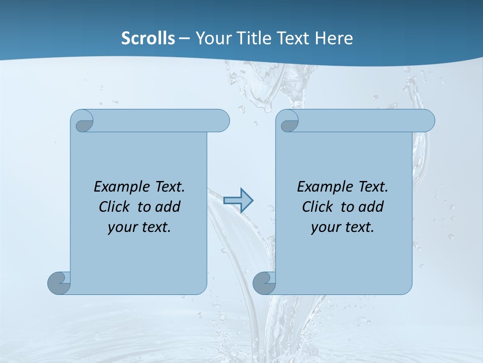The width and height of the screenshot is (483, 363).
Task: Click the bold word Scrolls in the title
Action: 148,38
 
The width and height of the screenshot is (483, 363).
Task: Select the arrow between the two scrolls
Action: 238,201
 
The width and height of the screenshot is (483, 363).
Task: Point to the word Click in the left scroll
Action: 113,207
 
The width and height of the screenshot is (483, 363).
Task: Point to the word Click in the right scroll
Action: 316,207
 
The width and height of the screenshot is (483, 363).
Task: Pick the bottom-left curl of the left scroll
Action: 59,283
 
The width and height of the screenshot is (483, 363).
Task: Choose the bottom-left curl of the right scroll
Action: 264,283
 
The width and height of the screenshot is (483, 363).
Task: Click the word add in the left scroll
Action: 168,207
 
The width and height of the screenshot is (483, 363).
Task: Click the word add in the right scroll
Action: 371,207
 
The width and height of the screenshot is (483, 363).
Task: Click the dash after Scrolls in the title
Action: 184,38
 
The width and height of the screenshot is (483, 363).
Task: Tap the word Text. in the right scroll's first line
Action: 373,187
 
